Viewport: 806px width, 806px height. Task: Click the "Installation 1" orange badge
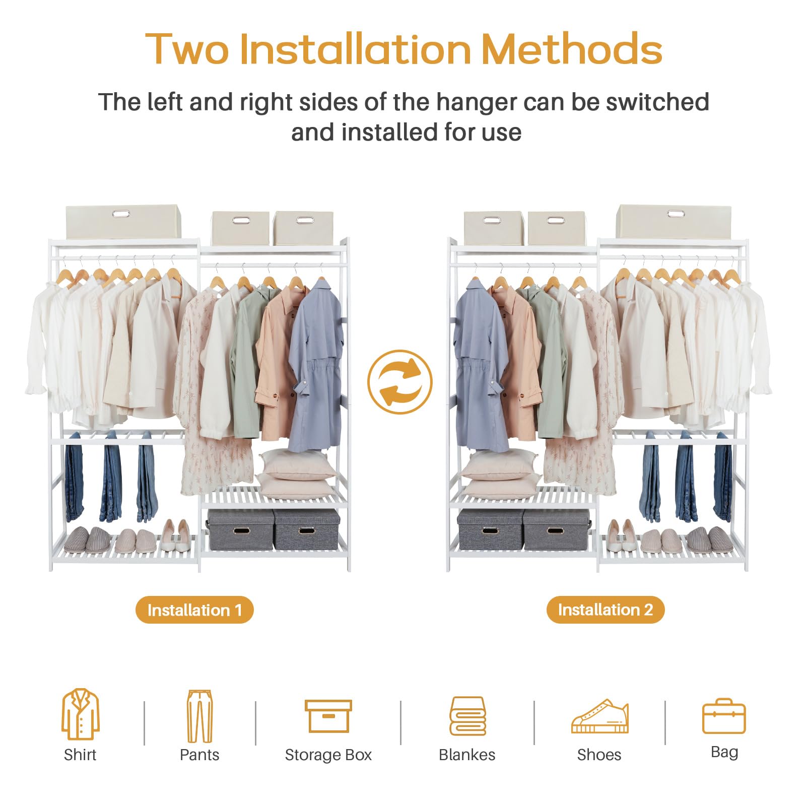(x=194, y=610)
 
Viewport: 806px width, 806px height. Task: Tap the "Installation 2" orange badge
(x=606, y=610)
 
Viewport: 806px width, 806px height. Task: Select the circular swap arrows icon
(x=400, y=382)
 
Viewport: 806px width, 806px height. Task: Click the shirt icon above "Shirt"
(x=81, y=714)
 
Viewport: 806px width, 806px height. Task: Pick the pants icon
(x=199, y=716)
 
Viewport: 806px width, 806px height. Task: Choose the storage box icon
(x=328, y=716)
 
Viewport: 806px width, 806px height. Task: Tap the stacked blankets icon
(x=467, y=716)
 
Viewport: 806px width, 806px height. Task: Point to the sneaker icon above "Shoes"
(x=599, y=716)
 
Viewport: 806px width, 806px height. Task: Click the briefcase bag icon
(x=724, y=716)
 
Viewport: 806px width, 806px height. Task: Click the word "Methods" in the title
(x=572, y=49)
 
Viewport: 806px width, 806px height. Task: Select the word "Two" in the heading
(x=187, y=49)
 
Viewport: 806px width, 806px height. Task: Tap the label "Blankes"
(x=467, y=755)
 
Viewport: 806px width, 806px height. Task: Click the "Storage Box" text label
(x=328, y=755)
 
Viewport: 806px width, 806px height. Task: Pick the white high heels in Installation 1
(x=175, y=535)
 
